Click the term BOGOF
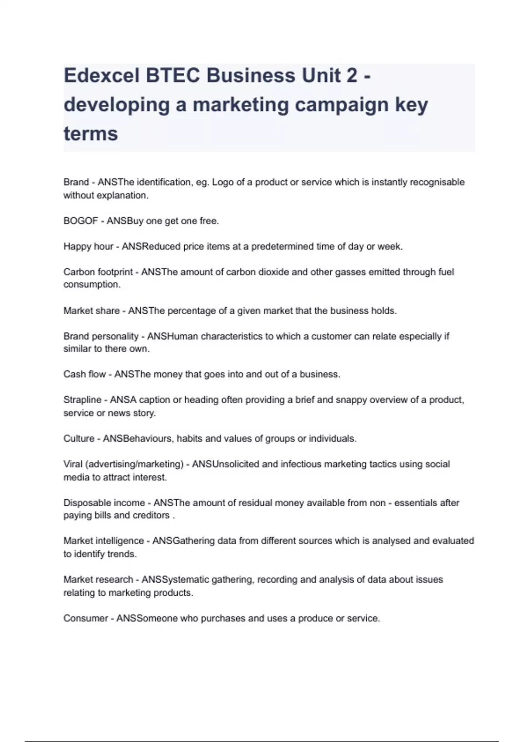(x=81, y=221)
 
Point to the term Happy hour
(x=88, y=246)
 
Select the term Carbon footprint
(x=98, y=272)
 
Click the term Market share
(x=92, y=311)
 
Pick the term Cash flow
(x=85, y=374)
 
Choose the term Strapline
(x=83, y=400)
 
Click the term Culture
(x=79, y=438)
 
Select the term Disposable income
(x=104, y=503)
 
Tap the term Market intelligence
(x=103, y=541)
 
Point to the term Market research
(x=98, y=580)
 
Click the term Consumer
(x=86, y=618)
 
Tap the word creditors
(x=151, y=515)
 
